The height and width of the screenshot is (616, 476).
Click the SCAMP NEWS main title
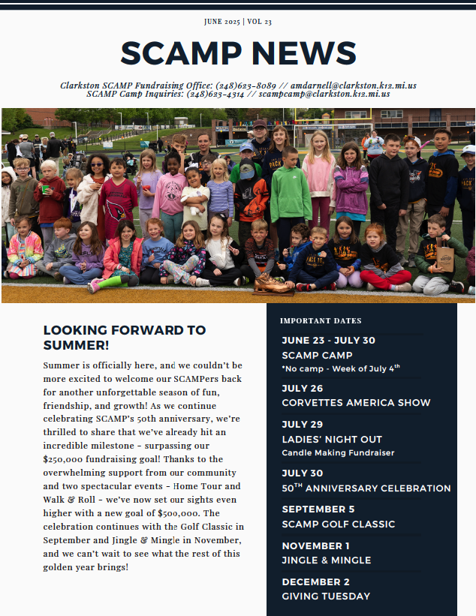(x=238, y=53)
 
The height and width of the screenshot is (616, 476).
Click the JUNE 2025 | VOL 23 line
(x=238, y=21)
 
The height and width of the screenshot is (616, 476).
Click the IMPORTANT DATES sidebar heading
(x=321, y=321)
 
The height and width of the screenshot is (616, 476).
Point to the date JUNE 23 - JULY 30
(x=328, y=341)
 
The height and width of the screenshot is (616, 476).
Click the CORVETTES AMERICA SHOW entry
(x=356, y=403)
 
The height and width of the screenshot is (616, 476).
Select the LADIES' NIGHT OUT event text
(x=332, y=439)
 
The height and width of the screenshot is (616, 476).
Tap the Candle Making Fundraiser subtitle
(x=338, y=453)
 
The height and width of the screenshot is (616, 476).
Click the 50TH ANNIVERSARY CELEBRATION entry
(x=366, y=488)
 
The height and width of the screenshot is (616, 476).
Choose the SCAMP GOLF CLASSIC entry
(x=338, y=524)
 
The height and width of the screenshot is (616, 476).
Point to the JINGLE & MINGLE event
(x=326, y=560)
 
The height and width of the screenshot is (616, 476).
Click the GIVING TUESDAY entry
(x=326, y=596)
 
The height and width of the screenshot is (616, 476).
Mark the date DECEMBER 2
(x=315, y=582)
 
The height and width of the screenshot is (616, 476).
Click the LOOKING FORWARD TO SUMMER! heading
(x=124, y=338)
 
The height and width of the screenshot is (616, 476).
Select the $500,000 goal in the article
(x=179, y=513)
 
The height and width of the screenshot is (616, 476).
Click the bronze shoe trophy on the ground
(x=272, y=284)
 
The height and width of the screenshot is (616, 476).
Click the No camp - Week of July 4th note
(x=341, y=368)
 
